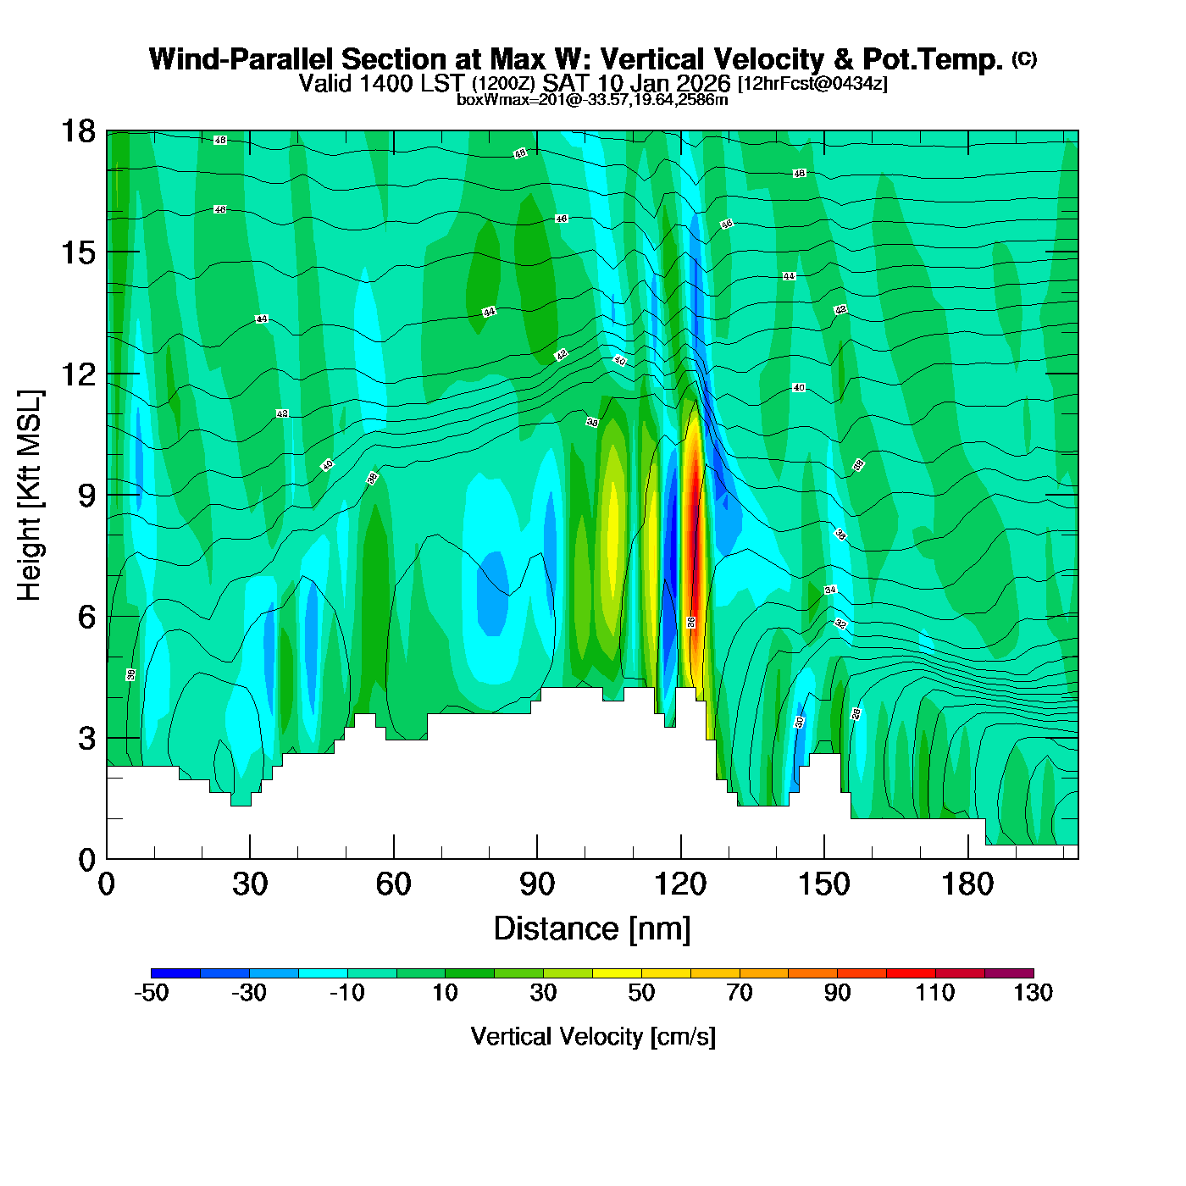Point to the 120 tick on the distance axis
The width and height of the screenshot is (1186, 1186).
pyautogui.click(x=680, y=884)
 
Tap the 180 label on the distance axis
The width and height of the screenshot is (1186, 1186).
pyautogui.click(x=967, y=884)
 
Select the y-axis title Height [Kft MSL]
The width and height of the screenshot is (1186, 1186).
pyautogui.click(x=30, y=496)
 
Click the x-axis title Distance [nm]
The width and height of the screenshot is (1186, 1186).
pyautogui.click(x=592, y=929)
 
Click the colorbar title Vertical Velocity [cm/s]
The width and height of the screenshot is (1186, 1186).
pyautogui.click(x=592, y=1036)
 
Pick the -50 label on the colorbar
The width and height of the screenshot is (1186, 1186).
pyautogui.click(x=151, y=993)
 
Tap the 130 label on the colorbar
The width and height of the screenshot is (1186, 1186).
pyautogui.click(x=1033, y=993)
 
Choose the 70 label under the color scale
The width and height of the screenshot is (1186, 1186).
pyautogui.click(x=739, y=993)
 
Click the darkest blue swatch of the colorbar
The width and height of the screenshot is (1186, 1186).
pyautogui.click(x=175, y=973)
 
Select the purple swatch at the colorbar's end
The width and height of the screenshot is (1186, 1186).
pyautogui.click(x=1009, y=973)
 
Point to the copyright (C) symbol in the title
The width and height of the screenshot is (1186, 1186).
pyautogui.click(x=1024, y=58)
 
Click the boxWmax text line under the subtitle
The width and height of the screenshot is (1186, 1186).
pyautogui.click(x=592, y=100)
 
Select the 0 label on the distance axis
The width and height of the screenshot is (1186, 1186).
pyautogui.click(x=107, y=884)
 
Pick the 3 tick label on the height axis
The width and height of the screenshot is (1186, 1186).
pyautogui.click(x=86, y=738)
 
